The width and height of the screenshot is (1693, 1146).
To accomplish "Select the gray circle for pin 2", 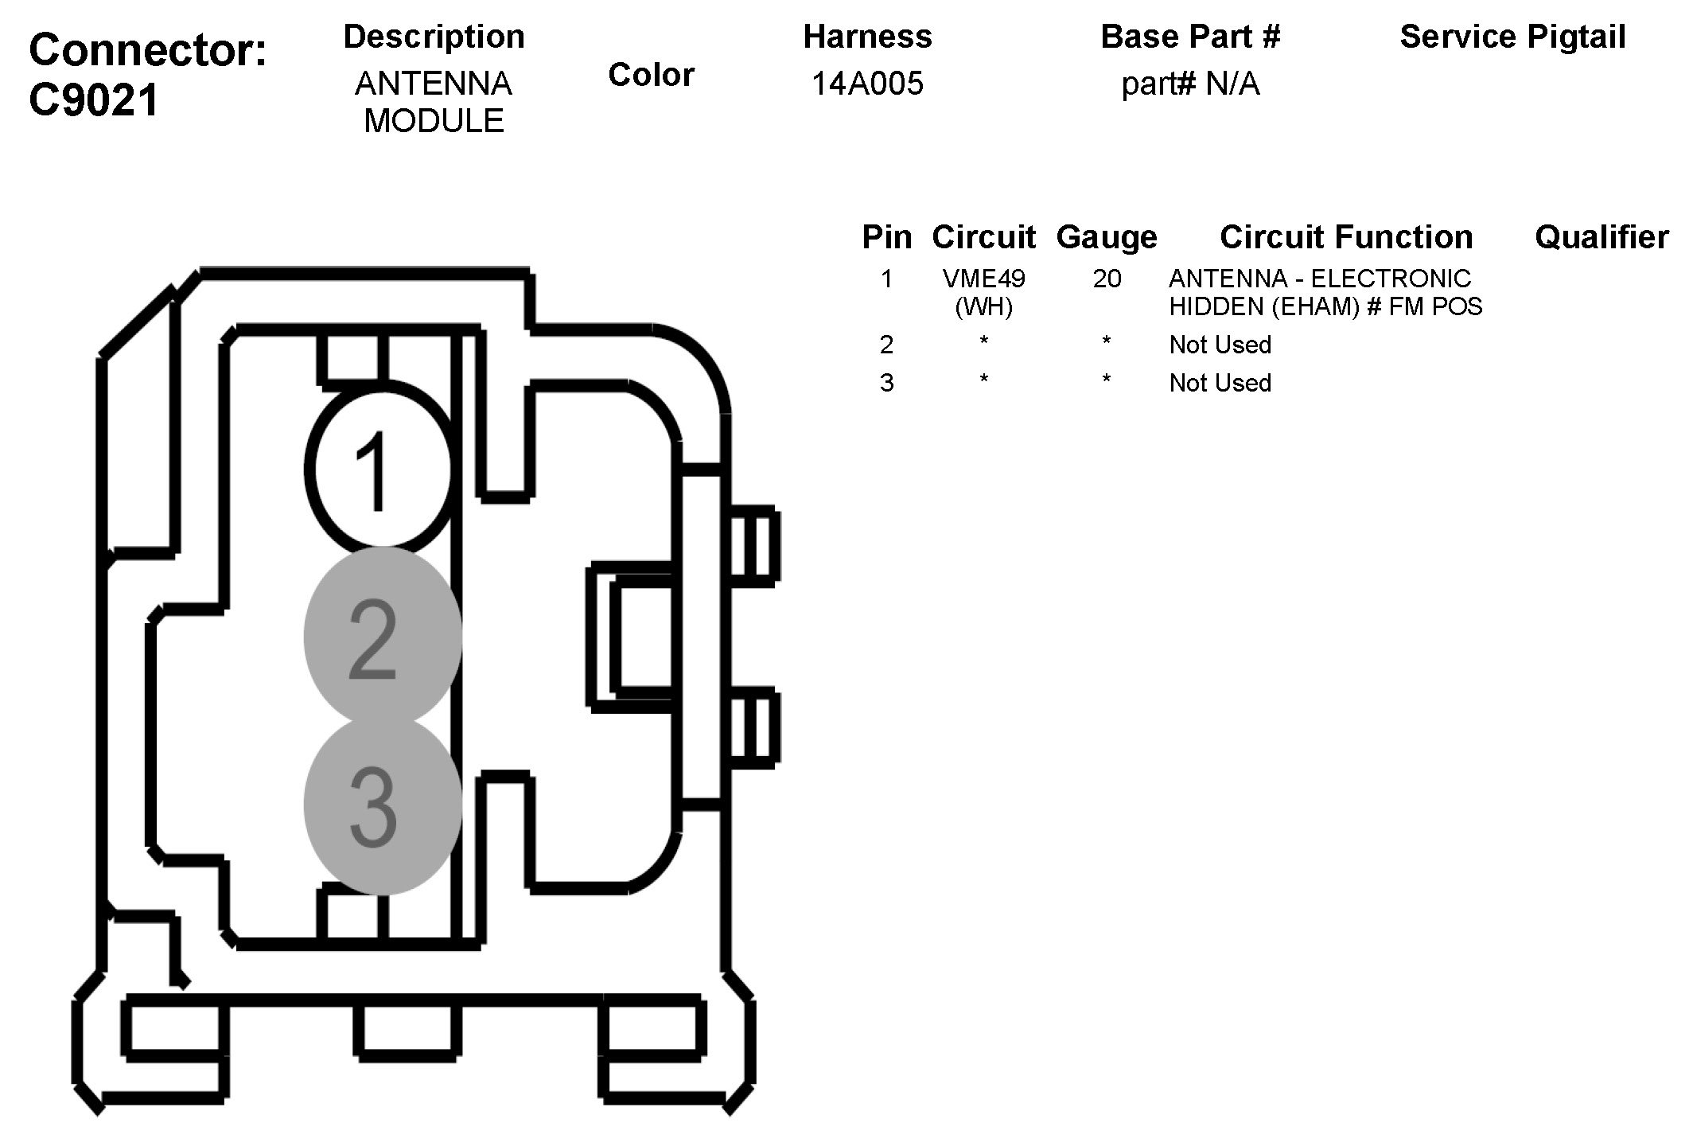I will (x=383, y=637).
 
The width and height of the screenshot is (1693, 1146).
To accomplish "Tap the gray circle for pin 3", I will (x=383, y=805).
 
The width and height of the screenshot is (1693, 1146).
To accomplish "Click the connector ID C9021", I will (x=94, y=101).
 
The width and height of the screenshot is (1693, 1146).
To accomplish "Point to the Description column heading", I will (x=434, y=37).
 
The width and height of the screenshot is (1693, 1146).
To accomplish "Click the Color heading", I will (x=651, y=75).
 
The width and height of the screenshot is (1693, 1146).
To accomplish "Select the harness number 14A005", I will (x=867, y=84).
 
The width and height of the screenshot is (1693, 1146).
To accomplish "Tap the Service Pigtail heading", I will (x=1512, y=37).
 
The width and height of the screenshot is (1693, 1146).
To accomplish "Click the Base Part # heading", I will (x=1190, y=37).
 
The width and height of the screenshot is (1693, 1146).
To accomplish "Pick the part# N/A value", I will (x=1190, y=84).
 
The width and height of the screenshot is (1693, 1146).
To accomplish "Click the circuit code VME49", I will (x=984, y=279).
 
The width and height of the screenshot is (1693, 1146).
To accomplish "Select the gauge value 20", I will (x=1107, y=279).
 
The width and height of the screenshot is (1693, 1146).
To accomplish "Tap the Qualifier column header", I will (x=1601, y=237).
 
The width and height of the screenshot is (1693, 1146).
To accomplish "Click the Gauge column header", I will (x=1107, y=237).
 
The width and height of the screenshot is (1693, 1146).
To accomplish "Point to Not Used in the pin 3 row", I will (x=1220, y=383).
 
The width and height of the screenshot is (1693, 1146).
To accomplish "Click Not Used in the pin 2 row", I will (x=1220, y=345).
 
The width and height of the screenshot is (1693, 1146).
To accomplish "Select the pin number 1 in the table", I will (x=886, y=279).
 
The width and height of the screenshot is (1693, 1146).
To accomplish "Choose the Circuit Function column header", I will (x=1346, y=237).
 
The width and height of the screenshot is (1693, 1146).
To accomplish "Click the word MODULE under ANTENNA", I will (x=434, y=121).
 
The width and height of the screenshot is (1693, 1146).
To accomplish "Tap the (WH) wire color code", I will (x=984, y=307).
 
